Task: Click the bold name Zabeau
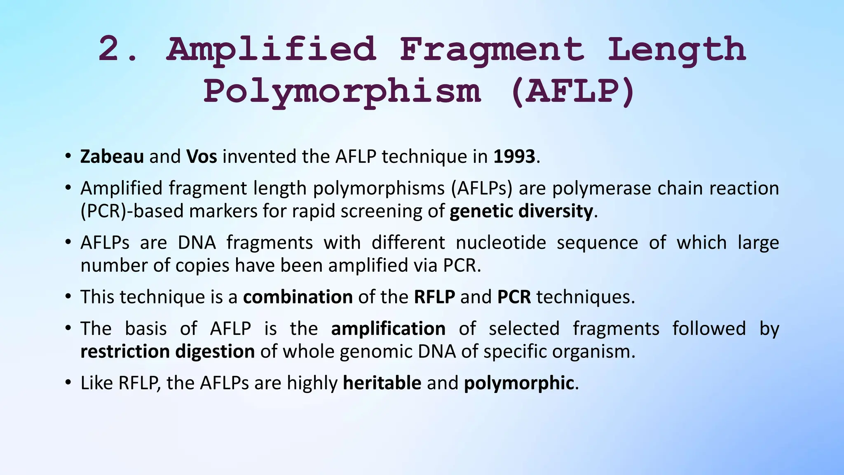[x=112, y=157]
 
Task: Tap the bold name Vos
[x=202, y=157]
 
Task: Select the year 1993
[x=514, y=157]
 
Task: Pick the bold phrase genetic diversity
[x=521, y=211]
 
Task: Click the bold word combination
[x=298, y=297]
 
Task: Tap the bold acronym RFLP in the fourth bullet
[x=434, y=297]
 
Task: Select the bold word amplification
[x=388, y=329]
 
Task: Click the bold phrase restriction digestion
[x=167, y=352]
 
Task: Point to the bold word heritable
[x=382, y=383]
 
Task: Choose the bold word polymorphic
[x=519, y=383]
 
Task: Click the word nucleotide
[x=501, y=242]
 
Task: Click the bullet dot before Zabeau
[x=68, y=157]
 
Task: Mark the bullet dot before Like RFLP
[x=68, y=383]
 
